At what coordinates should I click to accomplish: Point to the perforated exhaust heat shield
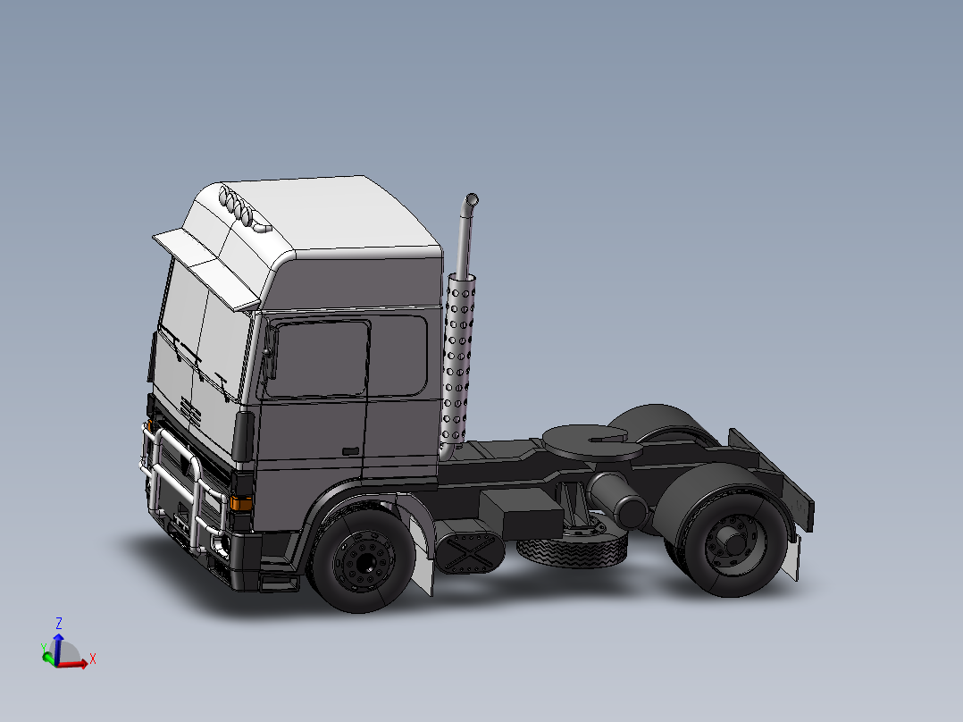[460, 357]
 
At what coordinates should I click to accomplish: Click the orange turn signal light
[240, 502]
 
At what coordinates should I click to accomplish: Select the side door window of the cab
[319, 359]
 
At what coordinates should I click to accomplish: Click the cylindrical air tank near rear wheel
[616, 500]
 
